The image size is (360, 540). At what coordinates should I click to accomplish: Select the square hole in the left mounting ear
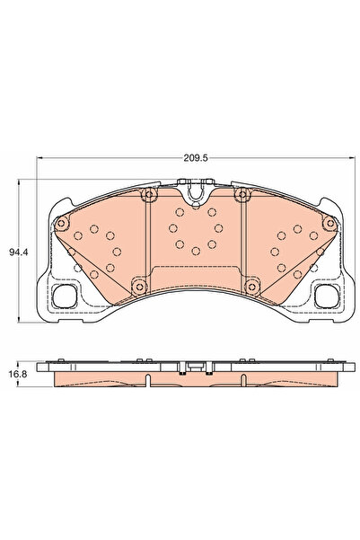[x=65, y=295]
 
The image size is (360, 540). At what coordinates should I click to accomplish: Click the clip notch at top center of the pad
[x=193, y=190]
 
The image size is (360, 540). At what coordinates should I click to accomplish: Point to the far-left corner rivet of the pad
[x=60, y=224]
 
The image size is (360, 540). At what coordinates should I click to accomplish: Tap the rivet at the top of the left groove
[x=150, y=195]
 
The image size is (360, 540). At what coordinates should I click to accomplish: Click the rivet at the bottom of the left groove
[x=138, y=287]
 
